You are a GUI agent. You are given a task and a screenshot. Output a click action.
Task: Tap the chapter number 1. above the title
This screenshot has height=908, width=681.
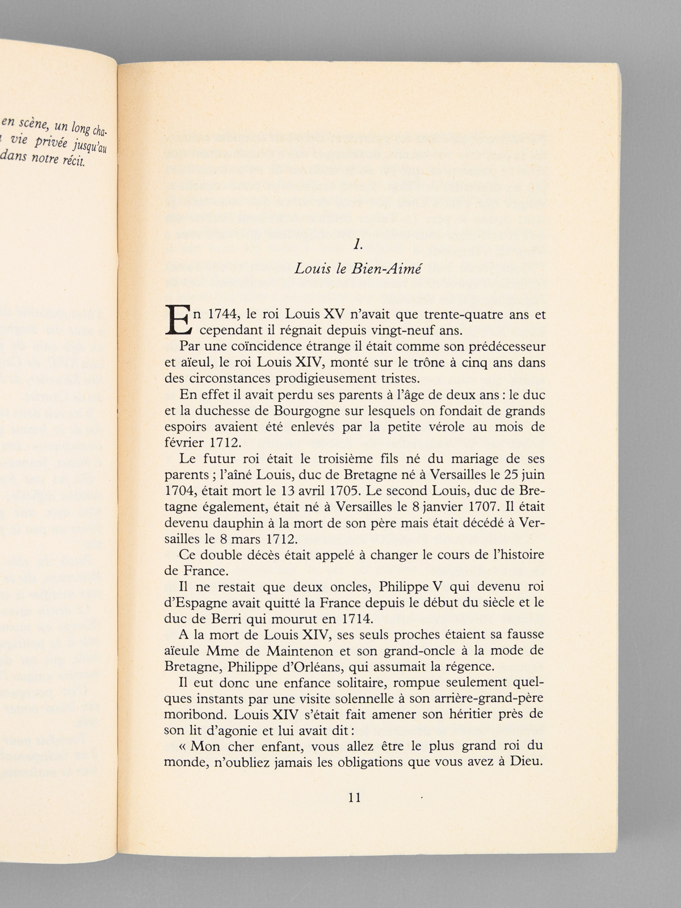point(357,245)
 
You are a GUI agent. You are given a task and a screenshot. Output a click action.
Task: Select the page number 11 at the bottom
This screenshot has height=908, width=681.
point(354,797)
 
